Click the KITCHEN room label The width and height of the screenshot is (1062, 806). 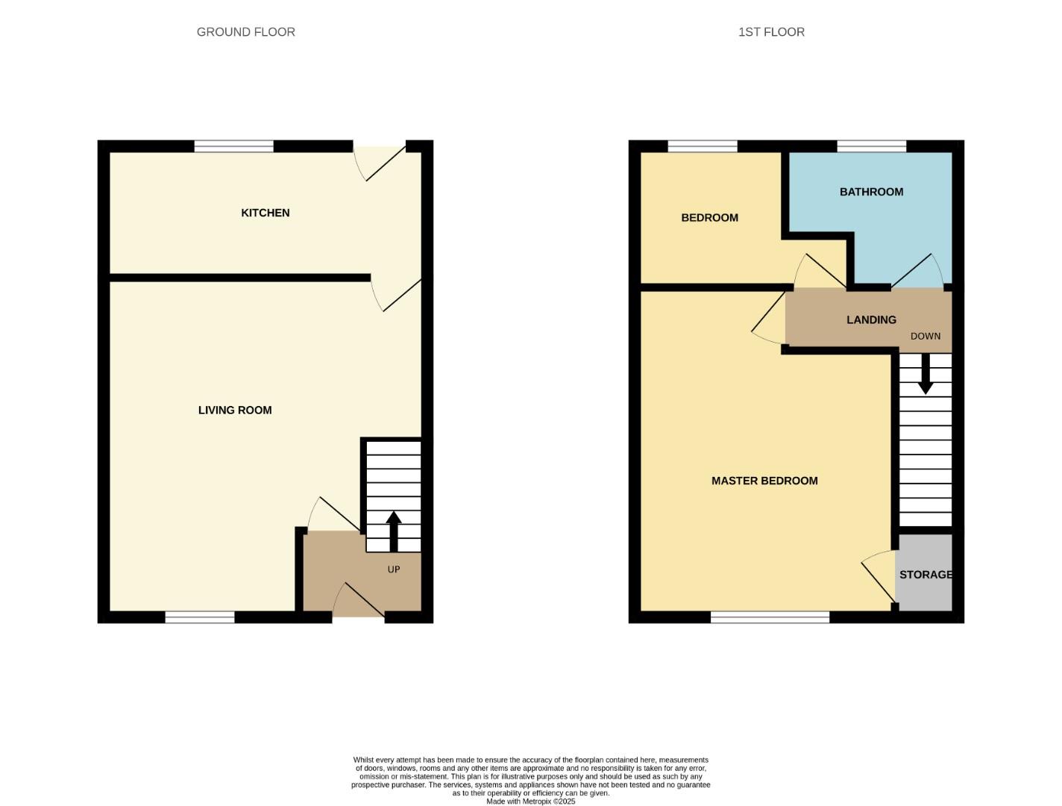(265, 213)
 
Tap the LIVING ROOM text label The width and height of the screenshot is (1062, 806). (235, 410)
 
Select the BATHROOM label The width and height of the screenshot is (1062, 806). (871, 192)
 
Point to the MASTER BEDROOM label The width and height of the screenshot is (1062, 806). (764, 481)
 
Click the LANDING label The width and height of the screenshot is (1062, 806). (871, 319)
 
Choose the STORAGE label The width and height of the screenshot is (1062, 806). (926, 575)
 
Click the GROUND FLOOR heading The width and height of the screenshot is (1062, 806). (246, 32)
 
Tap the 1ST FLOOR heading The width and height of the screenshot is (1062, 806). (771, 32)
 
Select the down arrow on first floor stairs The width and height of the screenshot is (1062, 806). (926, 374)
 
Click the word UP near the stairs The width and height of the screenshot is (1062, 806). (394, 569)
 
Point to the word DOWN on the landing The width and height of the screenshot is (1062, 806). (926, 336)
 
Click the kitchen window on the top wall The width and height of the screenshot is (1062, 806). (233, 146)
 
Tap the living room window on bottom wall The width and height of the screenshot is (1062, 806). (199, 617)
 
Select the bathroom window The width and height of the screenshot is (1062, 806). (871, 146)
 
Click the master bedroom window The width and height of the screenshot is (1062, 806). (770, 617)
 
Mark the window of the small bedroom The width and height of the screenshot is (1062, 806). (703, 146)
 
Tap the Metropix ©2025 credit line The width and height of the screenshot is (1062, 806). (530, 802)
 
